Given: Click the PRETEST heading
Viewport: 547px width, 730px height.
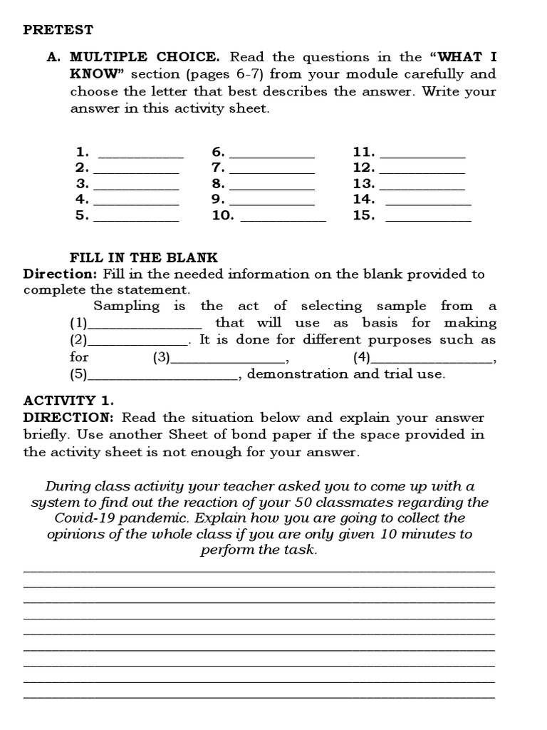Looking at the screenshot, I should point(58,30).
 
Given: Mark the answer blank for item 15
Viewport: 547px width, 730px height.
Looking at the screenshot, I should point(428,219).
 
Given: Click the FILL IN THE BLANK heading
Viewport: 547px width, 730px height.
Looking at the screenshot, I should point(144,257).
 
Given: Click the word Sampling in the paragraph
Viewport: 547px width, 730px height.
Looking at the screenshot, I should point(127,307).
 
